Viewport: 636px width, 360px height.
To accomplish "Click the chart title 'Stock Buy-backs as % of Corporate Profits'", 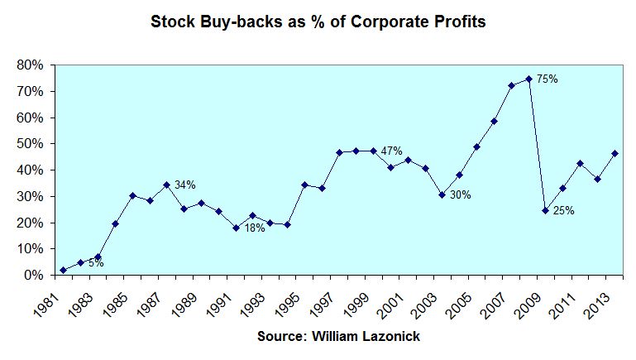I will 318,22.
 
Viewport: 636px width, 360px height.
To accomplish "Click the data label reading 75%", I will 548,79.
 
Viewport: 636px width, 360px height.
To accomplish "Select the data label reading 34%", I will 184,185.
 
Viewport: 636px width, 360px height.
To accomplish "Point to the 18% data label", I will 254,228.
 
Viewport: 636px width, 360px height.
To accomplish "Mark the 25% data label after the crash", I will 563,210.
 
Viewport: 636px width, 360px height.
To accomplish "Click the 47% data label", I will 391,151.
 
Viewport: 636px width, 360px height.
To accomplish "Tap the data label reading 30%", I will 459,195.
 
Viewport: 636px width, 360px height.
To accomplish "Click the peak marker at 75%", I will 528,79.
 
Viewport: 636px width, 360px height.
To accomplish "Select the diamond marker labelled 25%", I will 546,210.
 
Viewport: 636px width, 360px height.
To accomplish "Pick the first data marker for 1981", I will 63,270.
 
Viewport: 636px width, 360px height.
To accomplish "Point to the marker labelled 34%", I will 166,185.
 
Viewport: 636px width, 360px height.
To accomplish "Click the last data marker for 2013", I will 614,153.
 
